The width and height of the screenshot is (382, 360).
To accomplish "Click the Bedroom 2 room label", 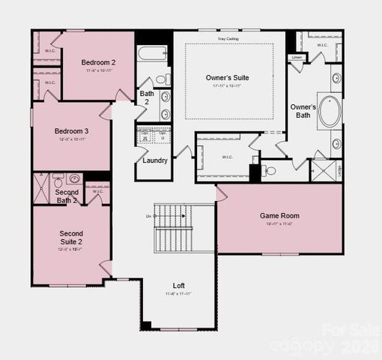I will coord(99,61).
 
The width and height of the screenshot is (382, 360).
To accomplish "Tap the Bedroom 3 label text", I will coord(72,131).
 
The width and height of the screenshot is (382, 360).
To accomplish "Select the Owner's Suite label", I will coord(228,77).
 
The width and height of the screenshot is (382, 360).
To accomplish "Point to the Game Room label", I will coord(279,216).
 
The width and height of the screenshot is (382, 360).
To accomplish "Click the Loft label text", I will coord(179,286).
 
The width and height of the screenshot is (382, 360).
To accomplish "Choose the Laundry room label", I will coord(155,160).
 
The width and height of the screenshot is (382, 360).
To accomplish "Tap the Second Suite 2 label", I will coord(71,238).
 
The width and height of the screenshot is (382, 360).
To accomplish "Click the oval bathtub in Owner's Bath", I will coord(329,110).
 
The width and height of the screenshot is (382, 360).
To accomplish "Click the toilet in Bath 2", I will coord(161,79).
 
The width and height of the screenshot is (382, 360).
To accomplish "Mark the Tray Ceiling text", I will coord(228,37).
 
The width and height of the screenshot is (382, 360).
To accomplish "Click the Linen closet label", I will coord(297,57).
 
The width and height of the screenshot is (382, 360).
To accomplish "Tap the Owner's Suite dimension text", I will coord(228,86).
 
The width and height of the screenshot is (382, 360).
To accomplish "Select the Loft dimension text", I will coord(179,294).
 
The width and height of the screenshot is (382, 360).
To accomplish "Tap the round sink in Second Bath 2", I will coord(75,179).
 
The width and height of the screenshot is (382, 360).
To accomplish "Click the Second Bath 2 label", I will coord(67,196).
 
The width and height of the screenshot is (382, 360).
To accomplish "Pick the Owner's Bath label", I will coord(304,111).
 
